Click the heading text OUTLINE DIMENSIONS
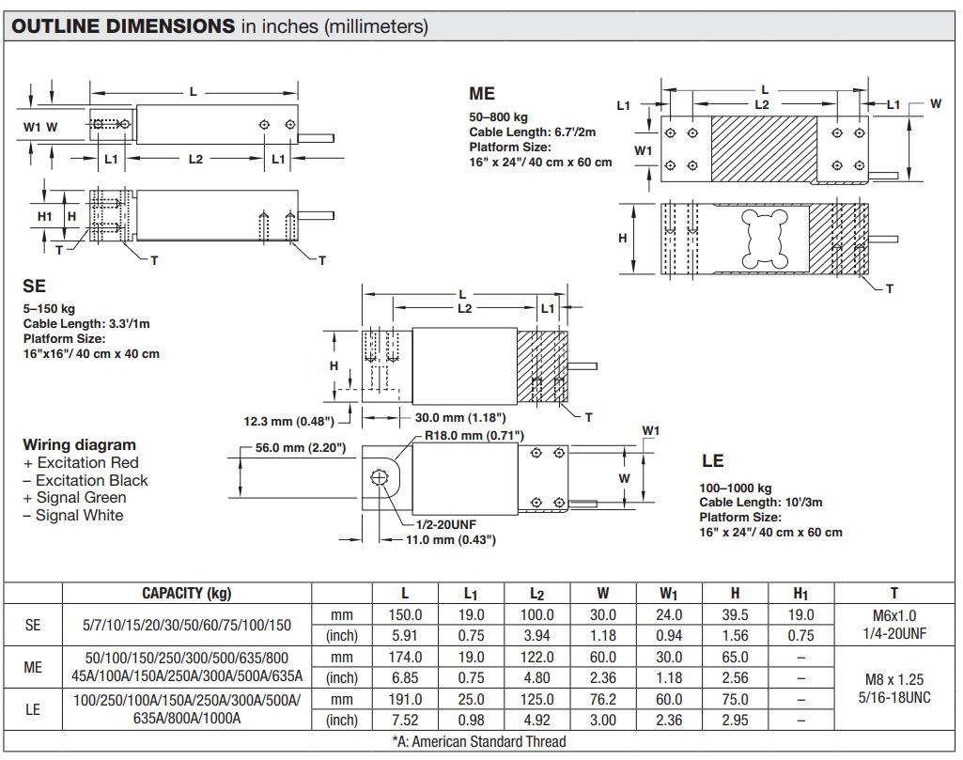point(123,25)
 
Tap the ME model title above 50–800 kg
point(481,94)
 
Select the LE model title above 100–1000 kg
point(712,460)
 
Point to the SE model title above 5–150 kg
point(35,287)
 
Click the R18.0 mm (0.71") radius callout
point(474,435)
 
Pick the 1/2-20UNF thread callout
point(446,524)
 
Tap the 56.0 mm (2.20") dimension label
point(301,447)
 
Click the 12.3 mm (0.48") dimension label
point(288,421)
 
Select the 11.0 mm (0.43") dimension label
point(450,539)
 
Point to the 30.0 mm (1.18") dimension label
point(460,417)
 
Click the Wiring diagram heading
point(79,444)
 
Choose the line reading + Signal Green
point(74,497)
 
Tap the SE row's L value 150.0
point(405,614)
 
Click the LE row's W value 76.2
point(602,699)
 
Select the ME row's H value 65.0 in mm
point(735,657)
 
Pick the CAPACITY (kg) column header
point(187,593)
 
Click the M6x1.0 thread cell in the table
point(894,615)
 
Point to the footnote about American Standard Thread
point(479,741)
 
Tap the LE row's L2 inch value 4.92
point(536,721)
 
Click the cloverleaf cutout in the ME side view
point(765,239)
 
